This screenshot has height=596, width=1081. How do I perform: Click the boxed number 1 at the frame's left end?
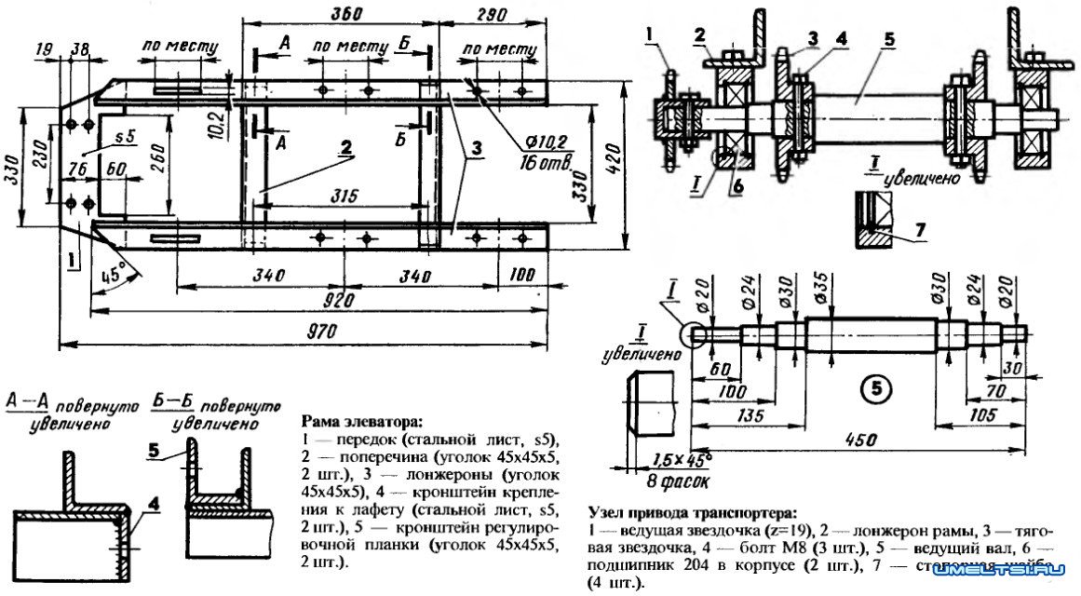[x=71, y=254]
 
